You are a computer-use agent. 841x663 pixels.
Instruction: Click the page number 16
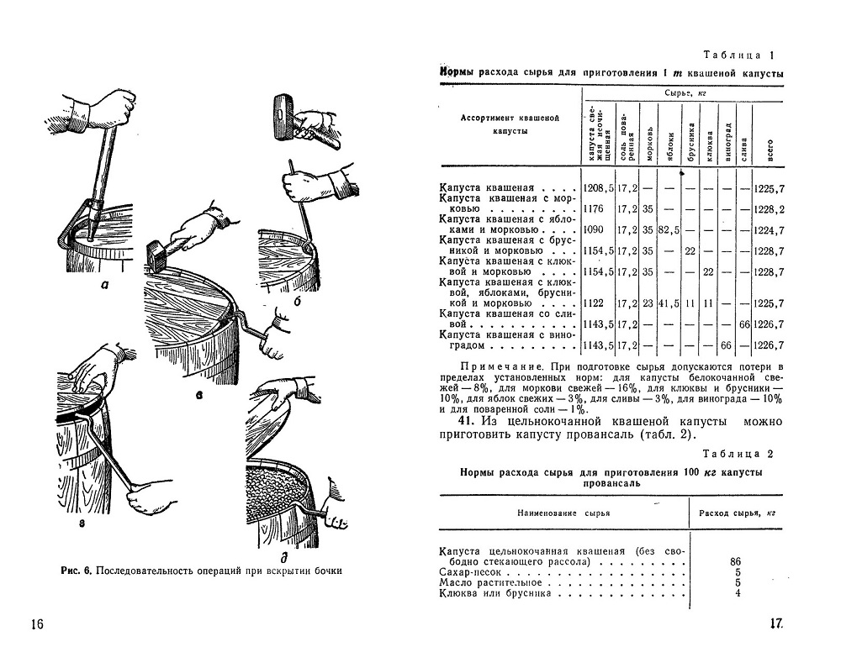click(x=36, y=624)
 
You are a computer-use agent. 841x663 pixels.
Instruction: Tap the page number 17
click(x=776, y=624)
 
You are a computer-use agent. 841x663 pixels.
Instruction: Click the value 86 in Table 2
click(x=736, y=560)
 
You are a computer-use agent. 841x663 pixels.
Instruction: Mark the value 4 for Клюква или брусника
click(x=737, y=592)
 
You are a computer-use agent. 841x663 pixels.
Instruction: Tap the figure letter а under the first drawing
click(x=103, y=284)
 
